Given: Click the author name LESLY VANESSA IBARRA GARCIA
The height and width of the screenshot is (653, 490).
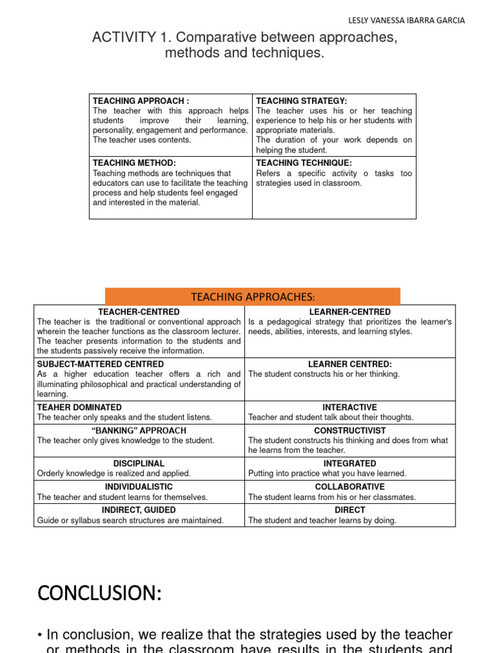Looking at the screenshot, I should click(x=407, y=20).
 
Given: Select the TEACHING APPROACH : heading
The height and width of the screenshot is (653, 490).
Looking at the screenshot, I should click(x=141, y=101).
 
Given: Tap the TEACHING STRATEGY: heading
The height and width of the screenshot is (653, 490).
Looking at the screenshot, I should click(x=301, y=101).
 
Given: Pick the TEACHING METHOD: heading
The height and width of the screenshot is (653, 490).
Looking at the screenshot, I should click(x=134, y=163).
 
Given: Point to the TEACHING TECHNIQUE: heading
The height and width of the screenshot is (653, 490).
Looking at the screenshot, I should click(x=304, y=163).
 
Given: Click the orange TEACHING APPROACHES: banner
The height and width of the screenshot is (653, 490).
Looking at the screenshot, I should click(x=253, y=297).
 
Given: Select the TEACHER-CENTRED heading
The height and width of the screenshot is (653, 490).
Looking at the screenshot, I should click(x=138, y=312).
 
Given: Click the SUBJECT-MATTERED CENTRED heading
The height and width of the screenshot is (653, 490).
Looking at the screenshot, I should click(x=100, y=364).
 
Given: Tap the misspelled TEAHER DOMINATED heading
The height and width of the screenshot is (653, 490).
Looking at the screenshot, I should click(x=79, y=407).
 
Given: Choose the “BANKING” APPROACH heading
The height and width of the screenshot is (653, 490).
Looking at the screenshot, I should click(x=138, y=430).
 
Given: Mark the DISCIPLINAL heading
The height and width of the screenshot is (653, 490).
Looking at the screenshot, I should click(x=138, y=464).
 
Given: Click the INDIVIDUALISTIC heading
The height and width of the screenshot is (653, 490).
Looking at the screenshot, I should click(x=138, y=487).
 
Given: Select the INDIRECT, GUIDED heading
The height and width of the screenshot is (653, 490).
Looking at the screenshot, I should click(x=138, y=510).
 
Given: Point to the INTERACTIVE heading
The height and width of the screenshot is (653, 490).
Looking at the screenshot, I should click(x=350, y=407).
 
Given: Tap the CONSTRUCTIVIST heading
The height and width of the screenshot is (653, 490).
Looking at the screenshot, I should click(x=350, y=430).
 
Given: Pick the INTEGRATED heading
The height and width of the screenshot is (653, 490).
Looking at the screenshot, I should click(x=350, y=464).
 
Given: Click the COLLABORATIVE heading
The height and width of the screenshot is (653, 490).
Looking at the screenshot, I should click(x=350, y=487).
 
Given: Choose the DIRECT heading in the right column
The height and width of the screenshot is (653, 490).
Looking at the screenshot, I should click(x=350, y=510).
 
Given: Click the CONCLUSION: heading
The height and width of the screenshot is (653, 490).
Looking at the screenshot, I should click(x=100, y=594).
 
